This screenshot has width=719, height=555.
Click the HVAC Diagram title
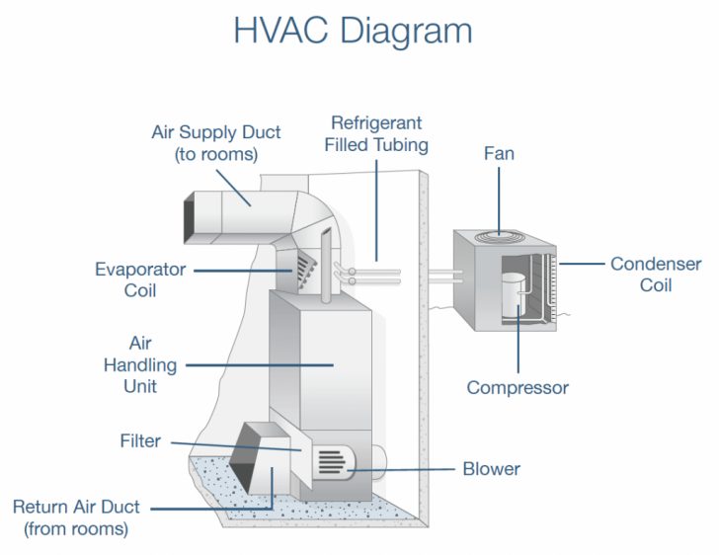[x=353, y=31]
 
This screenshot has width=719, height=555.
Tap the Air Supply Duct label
[x=216, y=143]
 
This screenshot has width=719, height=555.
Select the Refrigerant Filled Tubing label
[x=378, y=134]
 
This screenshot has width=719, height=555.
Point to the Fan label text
[x=499, y=154]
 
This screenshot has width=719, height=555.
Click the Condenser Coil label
[x=656, y=274]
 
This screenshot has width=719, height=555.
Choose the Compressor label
[x=518, y=387]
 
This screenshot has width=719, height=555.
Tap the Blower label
[x=491, y=468]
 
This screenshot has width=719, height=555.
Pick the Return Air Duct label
[x=76, y=517]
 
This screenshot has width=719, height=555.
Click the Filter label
[x=139, y=441]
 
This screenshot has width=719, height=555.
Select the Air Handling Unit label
[x=140, y=364]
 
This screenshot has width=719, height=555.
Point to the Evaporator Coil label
[x=140, y=278]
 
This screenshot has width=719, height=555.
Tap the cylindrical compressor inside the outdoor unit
[x=512, y=294]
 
